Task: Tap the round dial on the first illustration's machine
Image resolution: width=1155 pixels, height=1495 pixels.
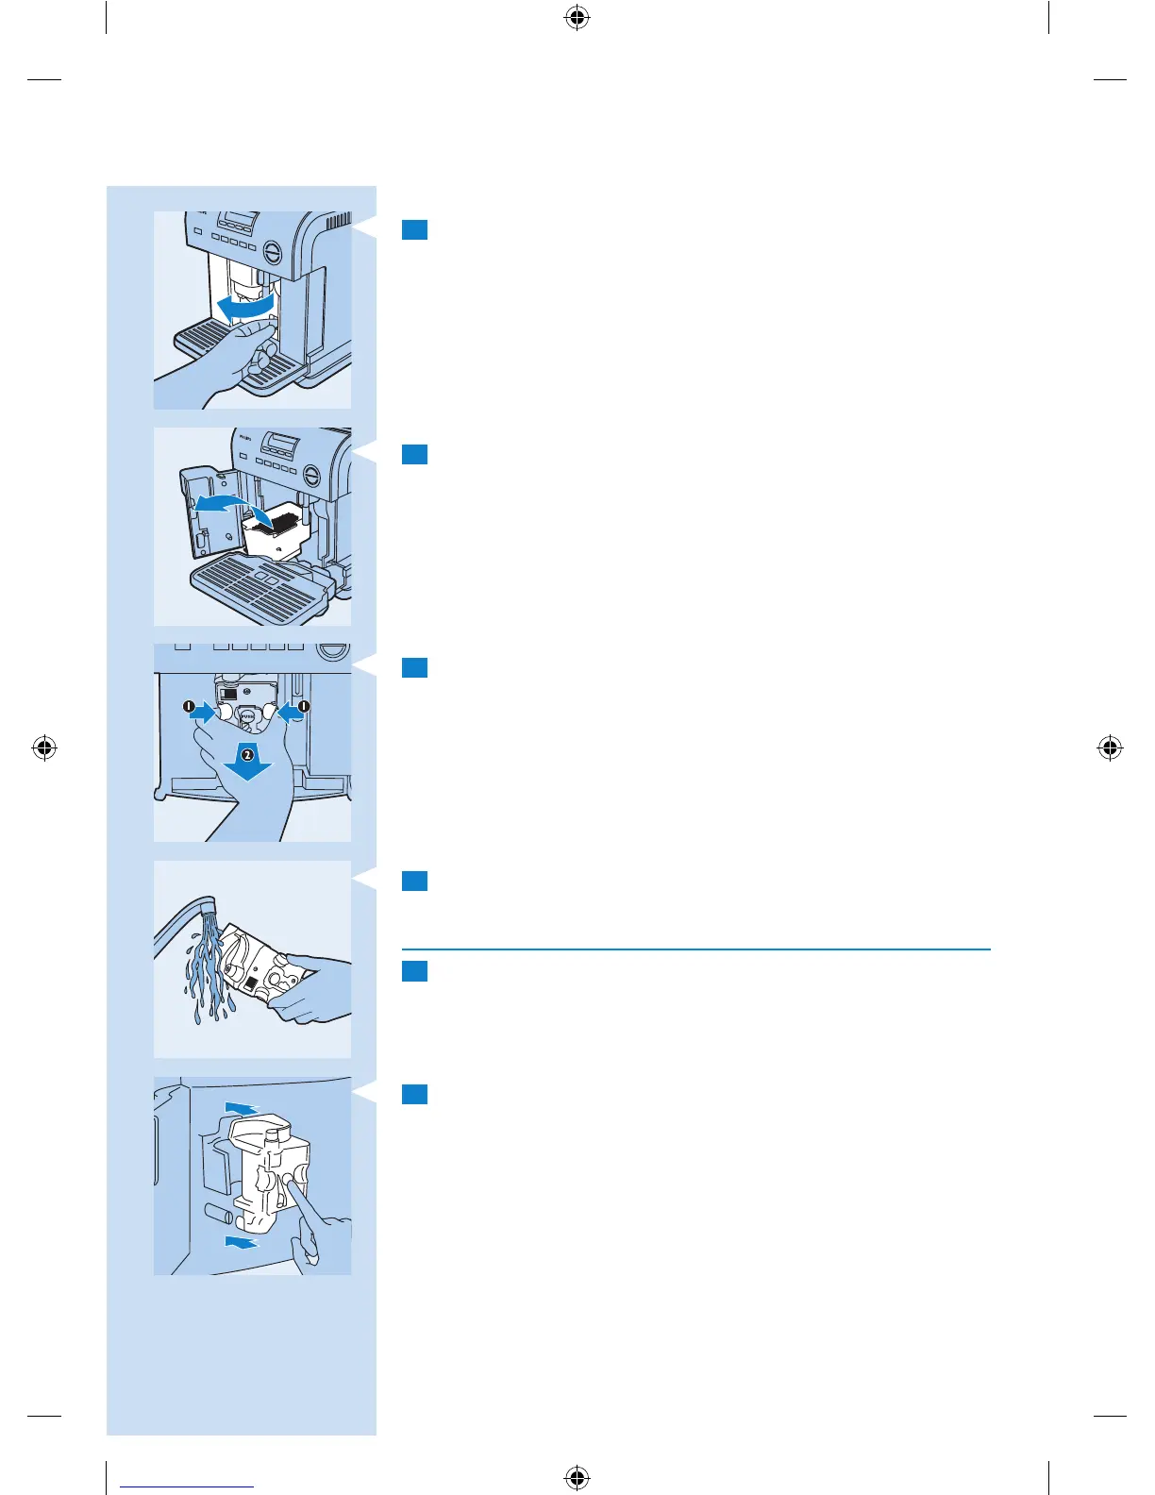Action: [272, 252]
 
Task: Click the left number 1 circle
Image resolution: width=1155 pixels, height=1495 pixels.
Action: [189, 706]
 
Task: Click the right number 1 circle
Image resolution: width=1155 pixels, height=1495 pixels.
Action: [304, 706]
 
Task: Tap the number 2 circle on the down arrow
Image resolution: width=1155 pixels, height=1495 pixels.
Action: [246, 754]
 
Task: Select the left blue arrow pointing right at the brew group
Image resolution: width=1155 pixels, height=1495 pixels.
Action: [204, 714]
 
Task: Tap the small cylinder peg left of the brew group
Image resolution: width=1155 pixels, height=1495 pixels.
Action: [218, 1214]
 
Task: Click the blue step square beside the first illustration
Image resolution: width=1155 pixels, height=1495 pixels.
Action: [414, 229]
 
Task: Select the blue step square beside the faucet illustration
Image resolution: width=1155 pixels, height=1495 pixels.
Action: [414, 881]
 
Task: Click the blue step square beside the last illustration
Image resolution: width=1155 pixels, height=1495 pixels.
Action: [414, 1094]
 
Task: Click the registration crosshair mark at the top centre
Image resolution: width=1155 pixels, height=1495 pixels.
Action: [577, 17]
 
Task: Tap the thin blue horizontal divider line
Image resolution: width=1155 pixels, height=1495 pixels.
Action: [695, 949]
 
